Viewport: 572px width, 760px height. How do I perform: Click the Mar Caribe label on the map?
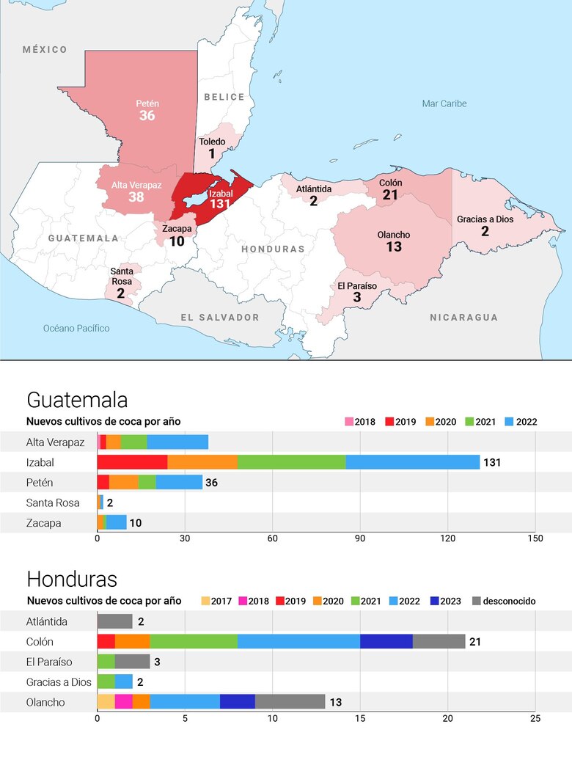(x=444, y=103)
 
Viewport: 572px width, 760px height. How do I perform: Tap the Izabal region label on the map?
(x=221, y=194)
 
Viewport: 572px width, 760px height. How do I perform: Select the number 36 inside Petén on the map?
(x=147, y=116)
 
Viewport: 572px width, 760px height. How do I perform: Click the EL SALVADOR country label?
(x=220, y=317)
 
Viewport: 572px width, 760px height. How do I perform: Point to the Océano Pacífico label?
(x=76, y=328)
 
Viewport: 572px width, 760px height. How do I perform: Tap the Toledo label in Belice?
(x=212, y=142)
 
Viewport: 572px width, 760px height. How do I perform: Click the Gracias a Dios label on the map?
(x=485, y=219)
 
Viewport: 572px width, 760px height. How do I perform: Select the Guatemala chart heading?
(x=77, y=400)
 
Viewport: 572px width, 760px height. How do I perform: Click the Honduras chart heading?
(x=72, y=579)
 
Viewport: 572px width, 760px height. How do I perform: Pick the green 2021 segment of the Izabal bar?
(x=291, y=462)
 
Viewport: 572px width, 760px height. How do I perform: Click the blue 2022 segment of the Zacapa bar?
(x=117, y=522)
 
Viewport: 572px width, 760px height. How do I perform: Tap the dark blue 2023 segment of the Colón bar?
(x=386, y=641)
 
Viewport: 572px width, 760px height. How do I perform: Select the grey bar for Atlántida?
(x=114, y=621)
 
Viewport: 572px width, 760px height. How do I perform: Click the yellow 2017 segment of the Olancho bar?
(x=106, y=702)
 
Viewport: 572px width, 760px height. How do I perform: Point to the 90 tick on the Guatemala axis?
(x=360, y=538)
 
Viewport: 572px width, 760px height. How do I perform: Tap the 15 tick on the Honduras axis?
(x=360, y=718)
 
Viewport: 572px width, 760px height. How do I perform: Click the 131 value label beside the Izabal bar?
(x=492, y=462)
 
